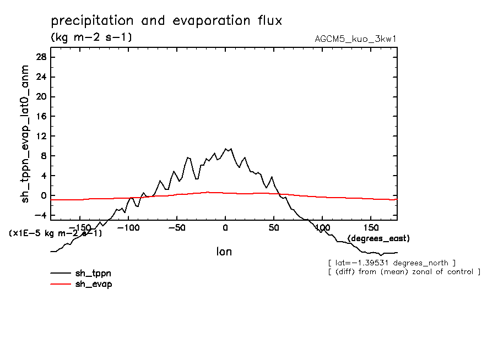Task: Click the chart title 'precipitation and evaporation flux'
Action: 166,21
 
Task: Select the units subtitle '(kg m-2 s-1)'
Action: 91,37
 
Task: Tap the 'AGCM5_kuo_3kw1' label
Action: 356,39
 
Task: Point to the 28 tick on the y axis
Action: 41,57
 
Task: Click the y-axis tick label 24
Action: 41,77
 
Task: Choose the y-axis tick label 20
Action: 41,97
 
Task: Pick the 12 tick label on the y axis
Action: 41,137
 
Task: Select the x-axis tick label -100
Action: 128,227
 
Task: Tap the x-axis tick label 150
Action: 371,227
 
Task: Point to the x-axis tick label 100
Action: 322,227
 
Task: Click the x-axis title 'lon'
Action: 224,252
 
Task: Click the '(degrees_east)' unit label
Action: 378,238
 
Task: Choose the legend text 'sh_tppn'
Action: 94,273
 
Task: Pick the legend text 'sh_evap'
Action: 94,284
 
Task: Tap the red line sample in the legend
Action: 61,284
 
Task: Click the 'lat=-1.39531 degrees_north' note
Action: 391,263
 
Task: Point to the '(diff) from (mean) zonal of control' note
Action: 404,272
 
